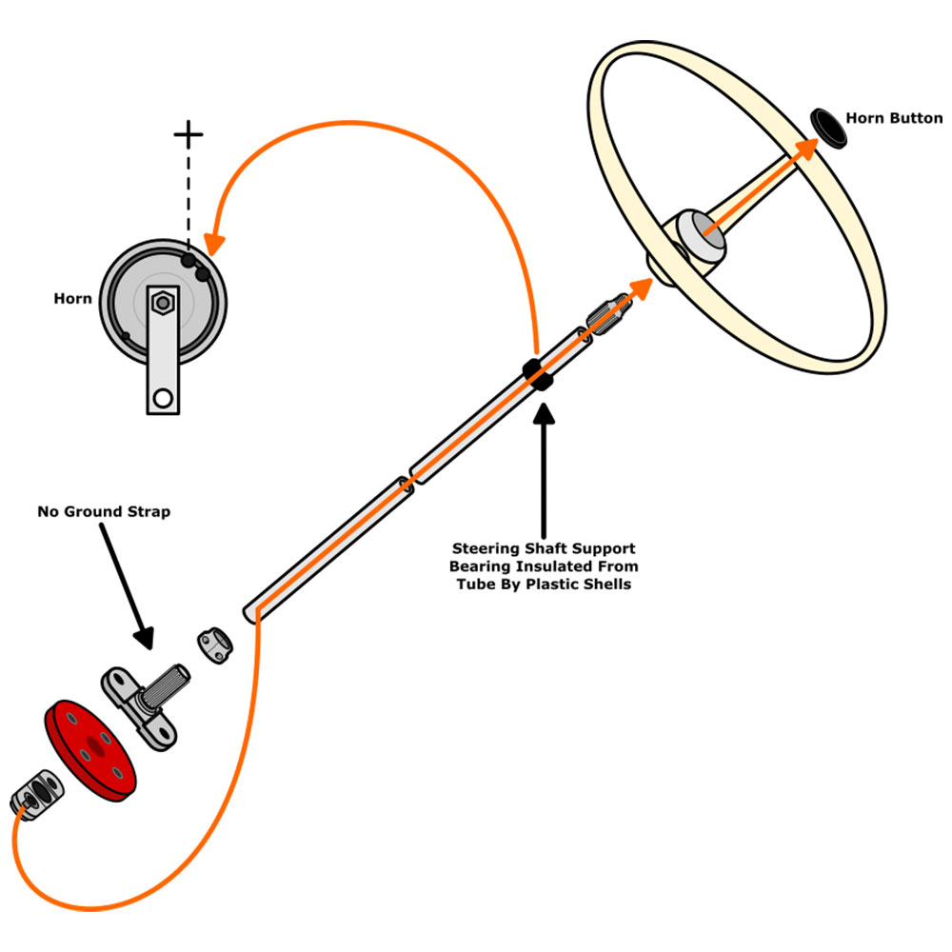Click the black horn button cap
831,128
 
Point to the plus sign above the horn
188,133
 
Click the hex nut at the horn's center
164,304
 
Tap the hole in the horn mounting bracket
163,397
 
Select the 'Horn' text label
72,299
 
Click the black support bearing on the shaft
538,374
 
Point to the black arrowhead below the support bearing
544,416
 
